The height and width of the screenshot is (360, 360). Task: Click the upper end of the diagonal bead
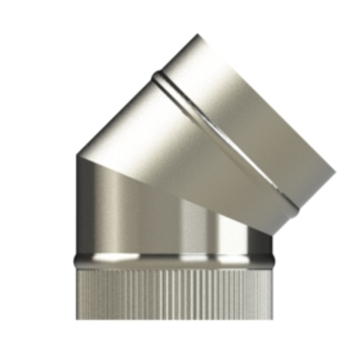[157, 76]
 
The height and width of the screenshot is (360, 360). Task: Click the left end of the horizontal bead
[76, 260]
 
